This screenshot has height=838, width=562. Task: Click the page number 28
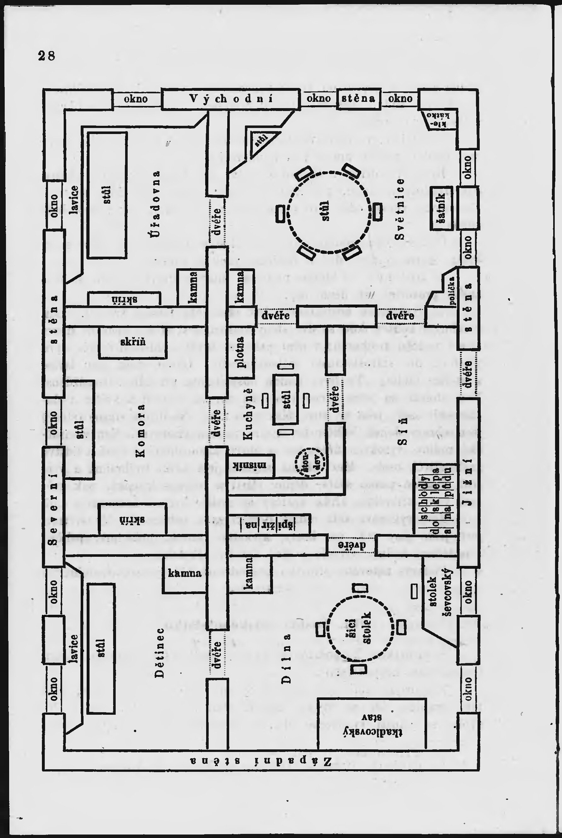pyautogui.click(x=47, y=56)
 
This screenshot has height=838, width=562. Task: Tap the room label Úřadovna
pyautogui.click(x=155, y=204)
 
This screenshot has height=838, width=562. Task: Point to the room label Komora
pyautogui.click(x=141, y=430)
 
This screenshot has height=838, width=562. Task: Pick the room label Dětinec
pyautogui.click(x=160, y=652)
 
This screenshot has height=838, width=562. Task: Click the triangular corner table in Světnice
pyautogui.click(x=261, y=142)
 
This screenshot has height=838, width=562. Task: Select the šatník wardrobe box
pyautogui.click(x=441, y=208)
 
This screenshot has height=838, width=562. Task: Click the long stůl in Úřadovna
pyautogui.click(x=107, y=195)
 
